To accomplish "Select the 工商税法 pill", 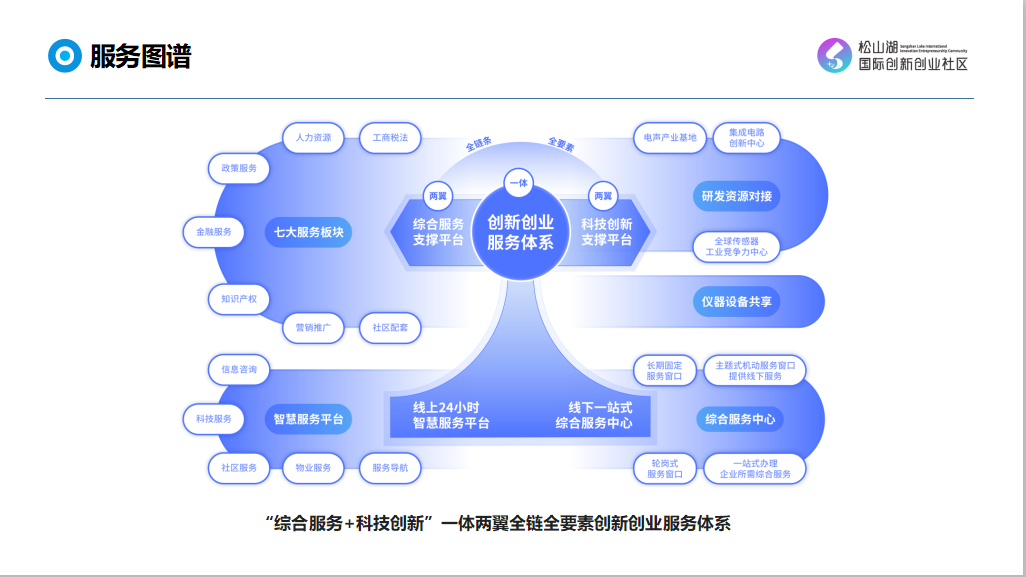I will [390, 138].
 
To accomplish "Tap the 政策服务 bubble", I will [239, 168].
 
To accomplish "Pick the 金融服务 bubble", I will [213, 232].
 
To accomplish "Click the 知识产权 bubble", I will [239, 298].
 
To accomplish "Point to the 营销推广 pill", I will [313, 327].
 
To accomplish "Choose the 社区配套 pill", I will [390, 327].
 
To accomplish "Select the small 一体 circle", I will [519, 182].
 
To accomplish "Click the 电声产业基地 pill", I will [670, 138].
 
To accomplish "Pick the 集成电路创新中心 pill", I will [747, 138].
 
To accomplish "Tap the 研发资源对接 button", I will [737, 196].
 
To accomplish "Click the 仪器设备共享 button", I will [737, 301].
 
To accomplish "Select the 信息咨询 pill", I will [239, 370].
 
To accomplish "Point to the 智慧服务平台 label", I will [309, 419].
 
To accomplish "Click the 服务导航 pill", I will [390, 467].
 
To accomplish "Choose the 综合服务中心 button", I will [740, 419].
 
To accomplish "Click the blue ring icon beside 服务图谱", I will [65, 56].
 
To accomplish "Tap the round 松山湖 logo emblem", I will [834, 56].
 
